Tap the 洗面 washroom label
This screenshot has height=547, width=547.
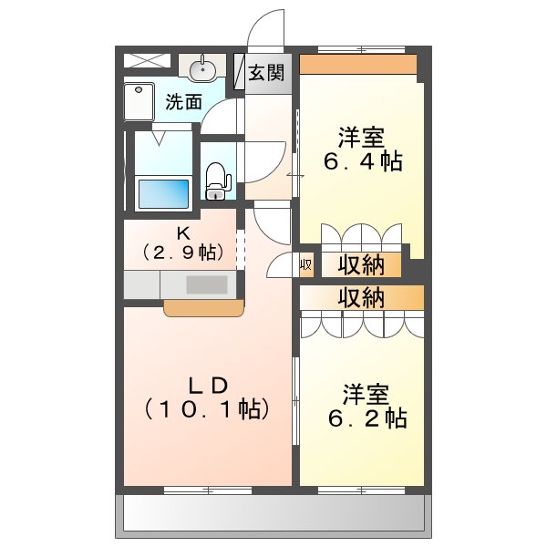pyautogui.click(x=183, y=102)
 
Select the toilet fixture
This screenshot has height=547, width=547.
pyautogui.click(x=215, y=180)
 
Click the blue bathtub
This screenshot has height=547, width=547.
pyautogui.click(x=162, y=193)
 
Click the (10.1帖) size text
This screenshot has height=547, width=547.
pyautogui.click(x=206, y=409)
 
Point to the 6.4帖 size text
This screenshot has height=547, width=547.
pyautogui.click(x=363, y=162)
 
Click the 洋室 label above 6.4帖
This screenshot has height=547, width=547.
pyautogui.click(x=361, y=139)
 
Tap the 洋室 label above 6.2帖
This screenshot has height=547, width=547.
pyautogui.click(x=366, y=396)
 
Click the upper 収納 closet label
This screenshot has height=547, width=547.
pyautogui.click(x=361, y=265)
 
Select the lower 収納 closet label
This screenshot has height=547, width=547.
pyautogui.click(x=361, y=297)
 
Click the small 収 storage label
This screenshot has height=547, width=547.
pyautogui.click(x=306, y=265)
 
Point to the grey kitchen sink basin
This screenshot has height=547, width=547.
pyautogui.click(x=207, y=284)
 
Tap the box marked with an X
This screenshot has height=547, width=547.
pyautogui.click(x=148, y=60)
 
